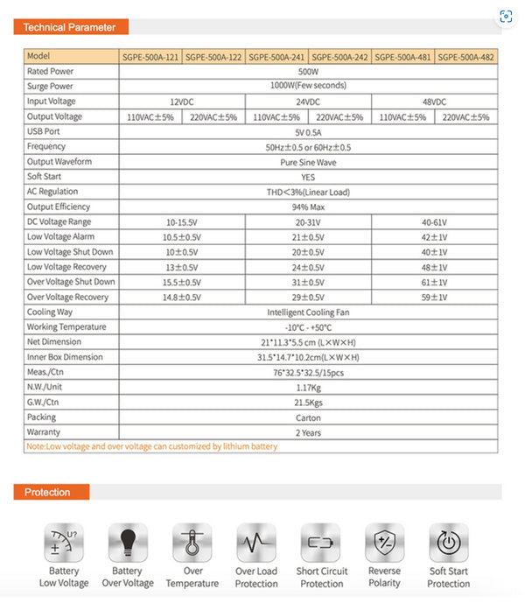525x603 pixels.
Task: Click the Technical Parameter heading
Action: tap(69, 27)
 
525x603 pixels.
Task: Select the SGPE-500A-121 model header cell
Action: tap(150, 56)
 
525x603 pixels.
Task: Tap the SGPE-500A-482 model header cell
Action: tap(466, 56)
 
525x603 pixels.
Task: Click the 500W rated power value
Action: tap(308, 71)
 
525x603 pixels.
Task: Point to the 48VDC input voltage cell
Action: tap(435, 102)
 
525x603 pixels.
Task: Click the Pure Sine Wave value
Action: tap(308, 162)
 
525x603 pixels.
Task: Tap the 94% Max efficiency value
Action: tap(308, 207)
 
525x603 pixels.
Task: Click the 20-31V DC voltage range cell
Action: tap(308, 222)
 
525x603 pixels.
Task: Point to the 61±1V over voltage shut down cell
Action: tap(435, 283)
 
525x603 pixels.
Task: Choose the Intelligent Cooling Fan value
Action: tap(308, 312)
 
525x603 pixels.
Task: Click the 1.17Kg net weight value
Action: tap(308, 387)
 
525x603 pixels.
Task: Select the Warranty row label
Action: tap(45, 431)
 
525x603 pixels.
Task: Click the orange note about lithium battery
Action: tap(152, 446)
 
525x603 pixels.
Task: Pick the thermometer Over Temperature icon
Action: tap(192, 543)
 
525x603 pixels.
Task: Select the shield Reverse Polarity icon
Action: tap(384, 543)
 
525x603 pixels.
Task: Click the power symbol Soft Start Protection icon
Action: tap(448, 543)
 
